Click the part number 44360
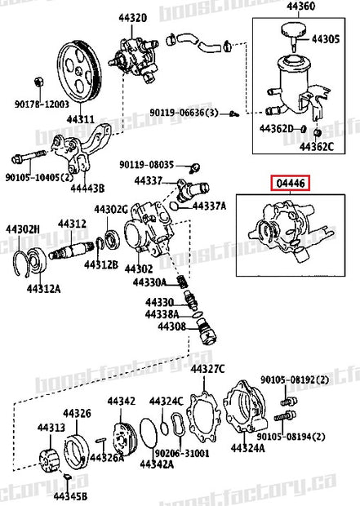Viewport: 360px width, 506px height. [x=300, y=7]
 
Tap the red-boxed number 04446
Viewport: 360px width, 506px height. [x=291, y=184]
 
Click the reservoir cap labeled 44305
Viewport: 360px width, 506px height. [x=291, y=32]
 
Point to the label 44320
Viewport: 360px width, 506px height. [x=133, y=17]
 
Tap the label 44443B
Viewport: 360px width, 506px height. [x=88, y=187]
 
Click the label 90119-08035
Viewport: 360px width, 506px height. [x=147, y=163]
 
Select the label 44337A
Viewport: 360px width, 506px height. [x=209, y=206]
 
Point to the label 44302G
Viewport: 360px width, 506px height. [x=110, y=210]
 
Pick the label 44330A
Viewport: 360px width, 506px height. [x=151, y=282]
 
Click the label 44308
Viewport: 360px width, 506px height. [x=160, y=326]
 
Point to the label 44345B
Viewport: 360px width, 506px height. [x=71, y=495]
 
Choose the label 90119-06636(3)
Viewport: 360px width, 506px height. [x=193, y=113]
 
